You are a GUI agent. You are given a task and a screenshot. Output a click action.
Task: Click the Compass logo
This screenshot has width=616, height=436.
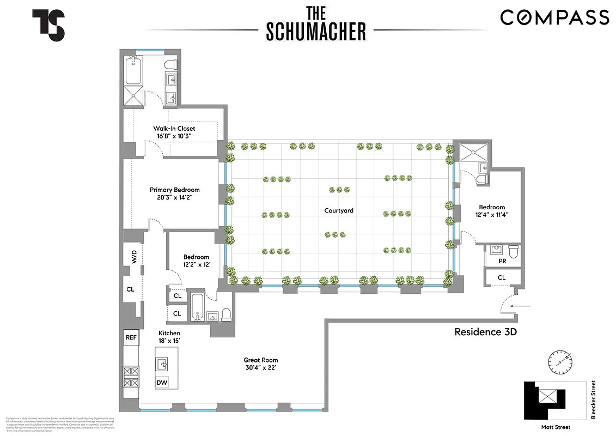(554, 17)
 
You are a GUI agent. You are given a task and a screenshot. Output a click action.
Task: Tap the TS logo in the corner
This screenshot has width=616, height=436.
(48, 25)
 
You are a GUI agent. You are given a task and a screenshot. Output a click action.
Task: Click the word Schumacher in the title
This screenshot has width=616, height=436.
(316, 32)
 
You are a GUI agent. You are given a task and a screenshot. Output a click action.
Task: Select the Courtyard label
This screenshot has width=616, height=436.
(339, 210)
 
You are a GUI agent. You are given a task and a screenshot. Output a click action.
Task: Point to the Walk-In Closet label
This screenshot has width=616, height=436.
(174, 129)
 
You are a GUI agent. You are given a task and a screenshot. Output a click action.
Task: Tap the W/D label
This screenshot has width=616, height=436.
(133, 256)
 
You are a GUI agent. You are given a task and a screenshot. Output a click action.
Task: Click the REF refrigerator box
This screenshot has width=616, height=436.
(131, 337)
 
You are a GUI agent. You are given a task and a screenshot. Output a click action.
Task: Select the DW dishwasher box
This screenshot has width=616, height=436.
(162, 383)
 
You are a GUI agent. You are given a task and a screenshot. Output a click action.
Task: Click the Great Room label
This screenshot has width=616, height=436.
(260, 360)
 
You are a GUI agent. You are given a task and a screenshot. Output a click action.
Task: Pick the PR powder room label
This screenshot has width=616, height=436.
(503, 261)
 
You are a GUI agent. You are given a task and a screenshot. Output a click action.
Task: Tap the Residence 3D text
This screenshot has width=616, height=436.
(485, 331)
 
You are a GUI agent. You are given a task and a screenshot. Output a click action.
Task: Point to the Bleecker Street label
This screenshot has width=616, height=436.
(593, 400)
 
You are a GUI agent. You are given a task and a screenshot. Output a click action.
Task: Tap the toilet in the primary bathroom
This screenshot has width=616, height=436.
(172, 65)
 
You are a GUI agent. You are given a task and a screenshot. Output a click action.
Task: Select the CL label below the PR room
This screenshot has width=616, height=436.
(501, 278)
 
